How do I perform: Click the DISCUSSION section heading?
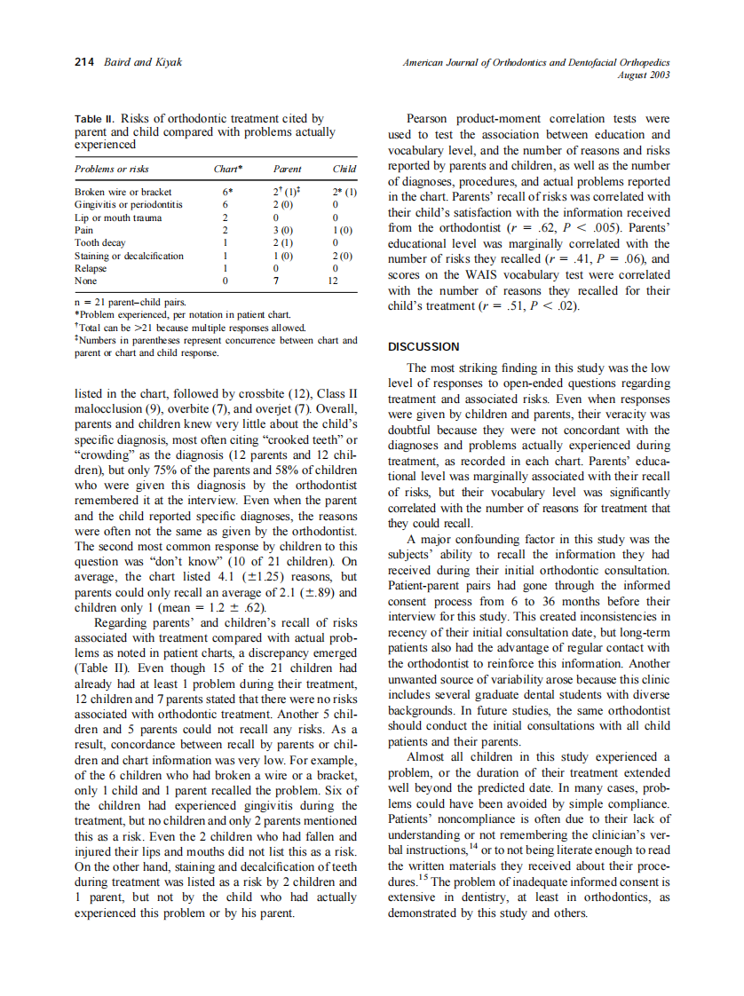(x=423, y=346)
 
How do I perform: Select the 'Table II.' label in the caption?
(x=95, y=118)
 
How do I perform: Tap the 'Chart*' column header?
(x=228, y=169)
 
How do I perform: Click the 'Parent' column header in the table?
(x=287, y=169)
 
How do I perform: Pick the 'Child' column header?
(x=344, y=169)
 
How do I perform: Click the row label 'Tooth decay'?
(x=99, y=242)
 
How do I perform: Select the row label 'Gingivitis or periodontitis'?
(x=130, y=204)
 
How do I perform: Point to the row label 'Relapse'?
(x=91, y=267)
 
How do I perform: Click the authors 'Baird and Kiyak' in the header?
(x=143, y=62)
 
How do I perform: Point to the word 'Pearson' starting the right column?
(x=428, y=119)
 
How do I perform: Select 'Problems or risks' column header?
(x=112, y=169)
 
